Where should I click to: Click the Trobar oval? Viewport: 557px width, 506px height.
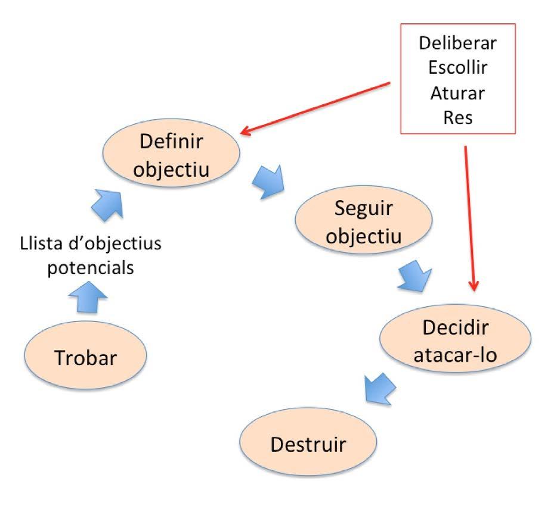pos(86,358)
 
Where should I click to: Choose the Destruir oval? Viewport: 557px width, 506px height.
pos(308,444)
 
